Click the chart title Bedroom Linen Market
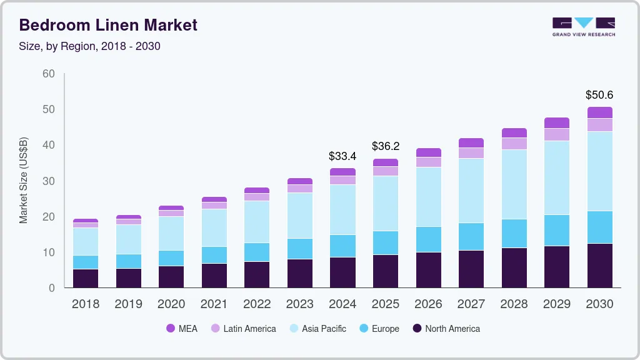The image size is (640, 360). click(108, 25)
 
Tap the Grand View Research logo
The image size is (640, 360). click(583, 27)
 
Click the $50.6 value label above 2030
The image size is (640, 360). click(599, 95)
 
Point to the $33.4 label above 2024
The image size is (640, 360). click(342, 156)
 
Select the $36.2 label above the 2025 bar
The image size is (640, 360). click(386, 146)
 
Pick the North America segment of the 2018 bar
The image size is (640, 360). click(86, 278)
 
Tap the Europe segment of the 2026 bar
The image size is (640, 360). click(428, 239)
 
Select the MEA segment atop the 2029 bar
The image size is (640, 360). click(556, 122)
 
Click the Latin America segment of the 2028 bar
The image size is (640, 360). click(514, 144)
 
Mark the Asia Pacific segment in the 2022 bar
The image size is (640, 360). click(257, 222)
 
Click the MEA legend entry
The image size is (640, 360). click(182, 329)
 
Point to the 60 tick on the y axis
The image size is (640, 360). click(48, 74)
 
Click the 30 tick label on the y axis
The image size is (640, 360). click(48, 181)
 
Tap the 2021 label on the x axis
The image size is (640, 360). click(214, 304)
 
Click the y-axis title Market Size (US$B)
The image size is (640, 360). click(24, 180)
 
